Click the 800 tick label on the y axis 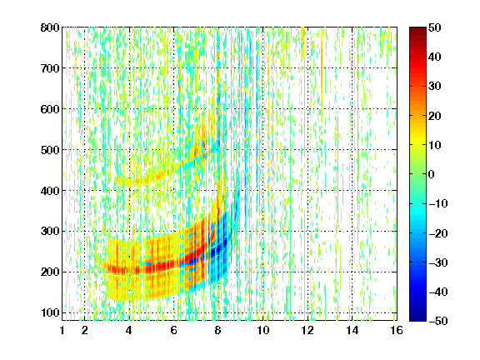pos(50,27)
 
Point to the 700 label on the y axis pos(50,68)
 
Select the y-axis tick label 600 pos(50,109)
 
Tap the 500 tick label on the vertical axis pos(50,150)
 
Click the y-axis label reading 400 pos(50,191)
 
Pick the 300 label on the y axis pos(50,232)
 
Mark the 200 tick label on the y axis pos(50,272)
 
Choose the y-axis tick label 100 pos(50,312)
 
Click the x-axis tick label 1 pos(62,330)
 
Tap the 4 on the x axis pos(129,330)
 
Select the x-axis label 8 pos(217,330)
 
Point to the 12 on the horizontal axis pos(307,330)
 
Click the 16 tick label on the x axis pos(397,330)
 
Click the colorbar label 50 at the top pos(435,27)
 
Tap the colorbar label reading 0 pos(432,174)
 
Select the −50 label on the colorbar pos(437,321)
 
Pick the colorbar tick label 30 pos(435,87)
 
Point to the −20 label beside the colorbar pos(437,233)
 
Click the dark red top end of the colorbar pos(417,30)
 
